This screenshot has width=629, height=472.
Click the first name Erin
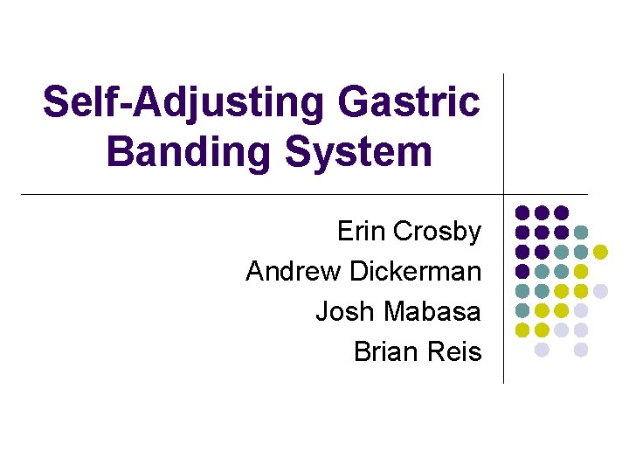click(361, 232)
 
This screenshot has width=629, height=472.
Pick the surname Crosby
click(437, 232)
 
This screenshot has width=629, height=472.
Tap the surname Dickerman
click(415, 271)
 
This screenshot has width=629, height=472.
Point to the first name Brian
click(384, 351)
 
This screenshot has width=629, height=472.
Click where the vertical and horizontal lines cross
click(504, 193)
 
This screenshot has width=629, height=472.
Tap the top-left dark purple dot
click(522, 212)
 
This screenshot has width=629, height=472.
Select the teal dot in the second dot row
click(581, 232)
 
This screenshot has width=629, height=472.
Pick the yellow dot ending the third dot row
click(600, 252)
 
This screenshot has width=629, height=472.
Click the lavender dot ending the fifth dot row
click(600, 290)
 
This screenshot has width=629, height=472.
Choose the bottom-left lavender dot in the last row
click(542, 350)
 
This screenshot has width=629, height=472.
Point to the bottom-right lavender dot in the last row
click(581, 350)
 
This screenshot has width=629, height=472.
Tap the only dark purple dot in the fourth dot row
click(522, 271)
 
